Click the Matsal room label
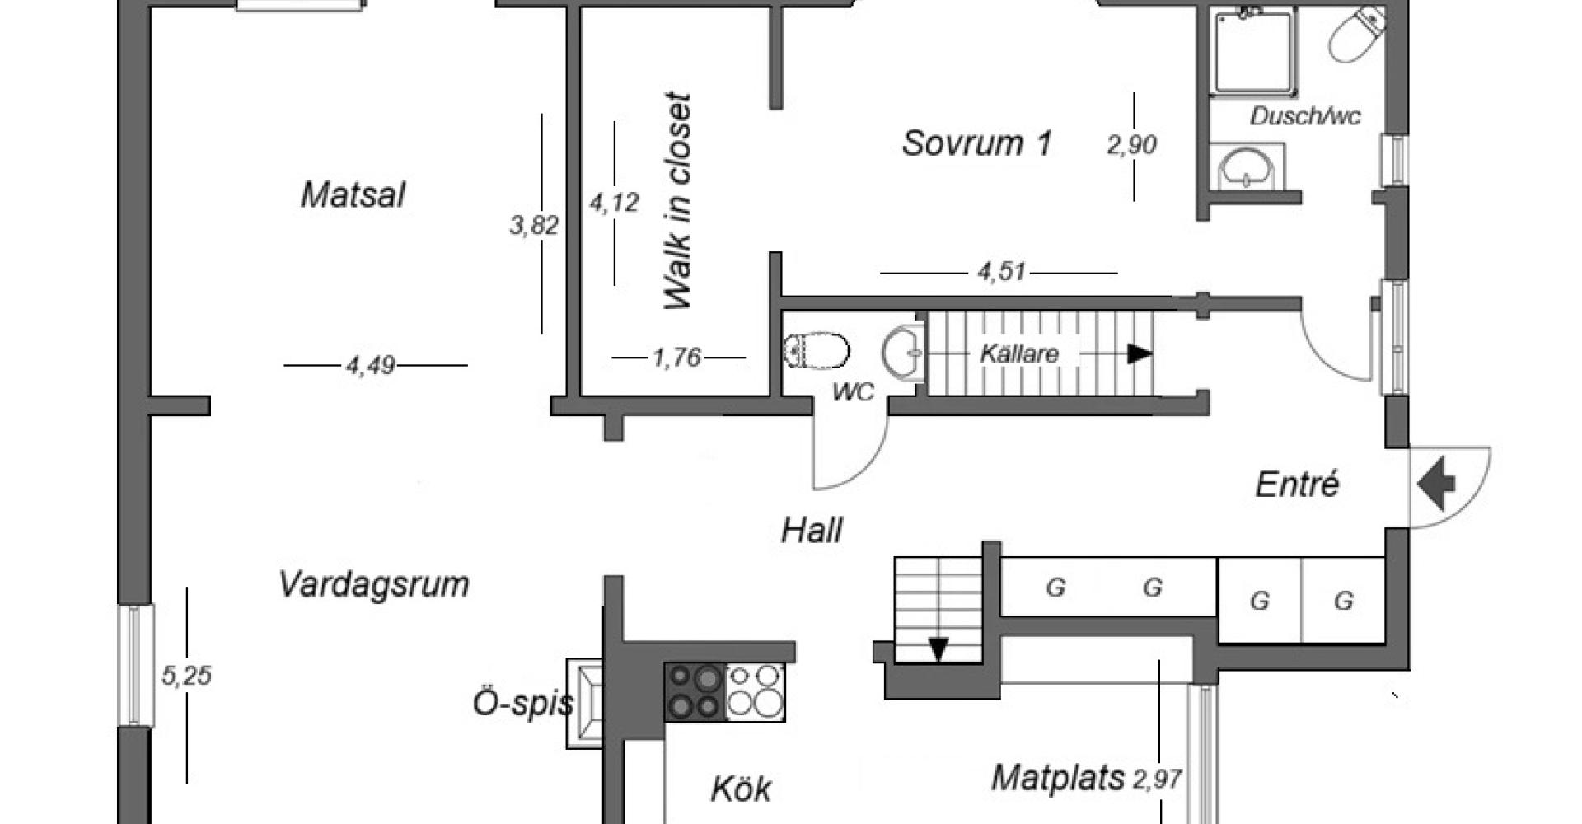(353, 195)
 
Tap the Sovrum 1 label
(977, 143)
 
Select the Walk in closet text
(678, 201)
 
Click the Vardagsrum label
(374, 583)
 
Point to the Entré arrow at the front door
(1437, 484)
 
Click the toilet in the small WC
(817, 350)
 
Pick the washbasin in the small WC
(904, 353)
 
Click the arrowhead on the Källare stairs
(1140, 353)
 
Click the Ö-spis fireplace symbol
(585, 704)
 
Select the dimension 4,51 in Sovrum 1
(1002, 271)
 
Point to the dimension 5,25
(186, 676)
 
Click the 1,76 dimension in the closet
(676, 358)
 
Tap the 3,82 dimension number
(534, 224)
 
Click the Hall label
(812, 531)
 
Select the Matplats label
(1057, 778)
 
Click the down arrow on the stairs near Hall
(938, 648)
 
